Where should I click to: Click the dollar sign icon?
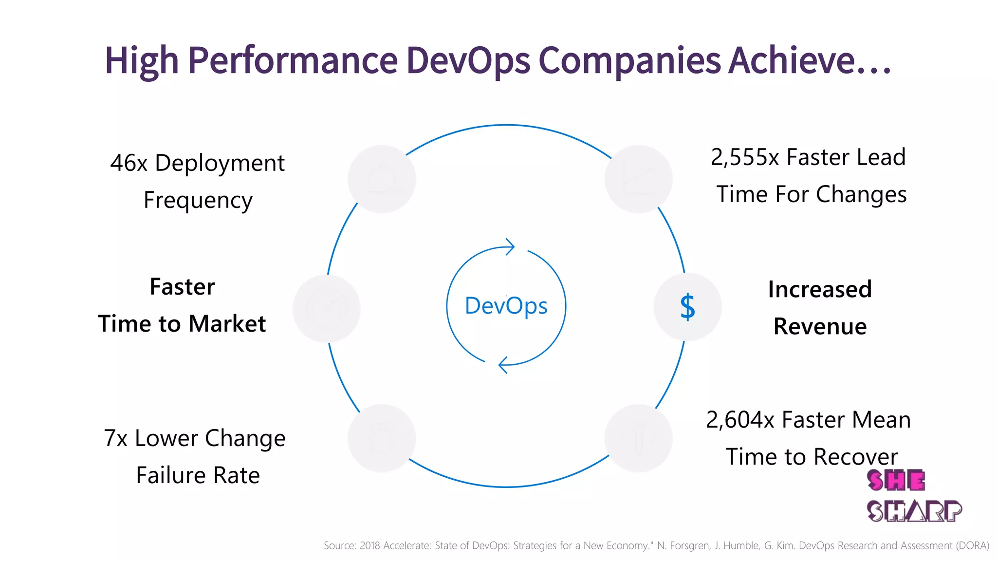[x=687, y=307]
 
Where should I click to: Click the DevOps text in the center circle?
[x=506, y=306]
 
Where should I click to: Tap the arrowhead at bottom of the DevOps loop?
[x=503, y=365]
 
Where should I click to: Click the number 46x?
[x=129, y=163]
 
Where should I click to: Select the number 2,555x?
[x=744, y=157]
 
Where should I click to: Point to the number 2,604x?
[x=740, y=420]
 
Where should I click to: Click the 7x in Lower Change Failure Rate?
[x=115, y=438]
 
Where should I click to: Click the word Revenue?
[x=820, y=326]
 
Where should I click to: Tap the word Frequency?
[x=198, y=201]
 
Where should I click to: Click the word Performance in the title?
[x=293, y=60]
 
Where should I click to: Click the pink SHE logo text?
[x=895, y=481]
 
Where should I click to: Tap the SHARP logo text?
[x=914, y=511]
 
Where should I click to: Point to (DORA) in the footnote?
[x=973, y=546]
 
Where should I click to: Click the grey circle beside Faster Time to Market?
[x=326, y=308]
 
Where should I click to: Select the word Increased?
[x=820, y=289]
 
